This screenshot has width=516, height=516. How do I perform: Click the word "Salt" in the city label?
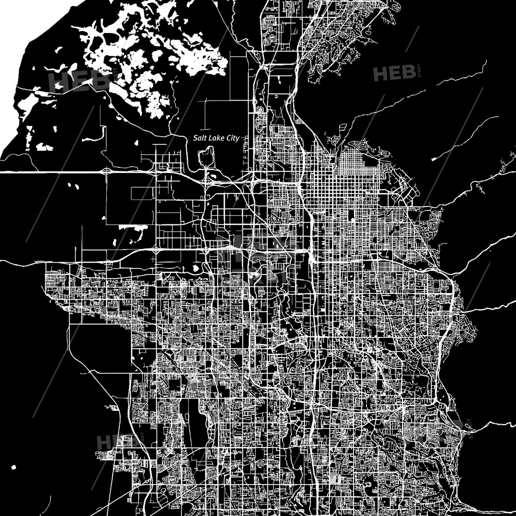(x=200, y=138)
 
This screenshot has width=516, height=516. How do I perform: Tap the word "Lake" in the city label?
(x=217, y=138)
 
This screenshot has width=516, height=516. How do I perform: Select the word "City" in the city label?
(x=235, y=138)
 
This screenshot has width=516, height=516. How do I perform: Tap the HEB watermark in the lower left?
(x=115, y=442)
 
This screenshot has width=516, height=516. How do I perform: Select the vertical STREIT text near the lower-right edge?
(x=469, y=428)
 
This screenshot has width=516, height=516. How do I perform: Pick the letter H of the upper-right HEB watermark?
(x=381, y=74)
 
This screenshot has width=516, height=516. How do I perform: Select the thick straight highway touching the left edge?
(x=52, y=171)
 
